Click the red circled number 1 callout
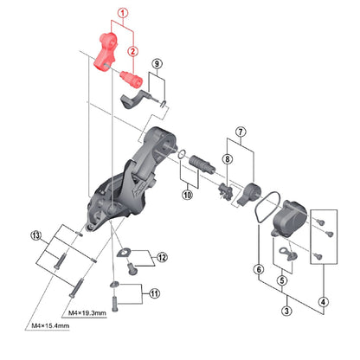(123, 13)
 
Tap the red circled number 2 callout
(133, 51)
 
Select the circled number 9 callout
(157, 63)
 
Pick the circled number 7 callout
(241, 132)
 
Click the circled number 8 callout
(228, 159)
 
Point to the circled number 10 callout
(188, 195)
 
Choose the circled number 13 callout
(36, 235)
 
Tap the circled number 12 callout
(162, 257)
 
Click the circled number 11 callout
(155, 293)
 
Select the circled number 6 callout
(259, 270)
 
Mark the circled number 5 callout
(282, 280)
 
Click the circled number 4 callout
(323, 302)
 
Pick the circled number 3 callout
(286, 311)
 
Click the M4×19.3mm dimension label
(87, 312)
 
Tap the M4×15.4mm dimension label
(50, 325)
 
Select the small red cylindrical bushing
(132, 79)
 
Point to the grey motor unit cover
(288, 219)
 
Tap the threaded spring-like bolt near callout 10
(202, 164)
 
